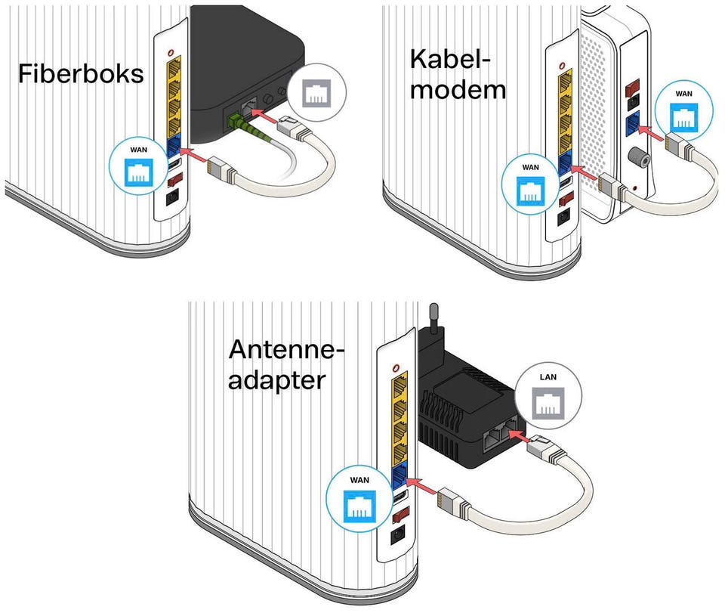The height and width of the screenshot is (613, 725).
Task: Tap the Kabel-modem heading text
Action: pyautogui.click(x=457, y=75)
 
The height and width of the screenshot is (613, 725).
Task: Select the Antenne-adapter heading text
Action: pyautogui.click(x=286, y=364)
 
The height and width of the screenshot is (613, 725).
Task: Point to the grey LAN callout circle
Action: pyautogui.click(x=548, y=398)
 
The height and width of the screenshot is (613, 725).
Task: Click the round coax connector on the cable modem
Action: pyautogui.click(x=636, y=157)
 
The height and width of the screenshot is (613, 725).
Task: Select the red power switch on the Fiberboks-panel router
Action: pyautogui.click(x=175, y=181)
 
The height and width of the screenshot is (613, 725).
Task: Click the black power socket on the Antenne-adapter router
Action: pyautogui.click(x=397, y=539)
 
